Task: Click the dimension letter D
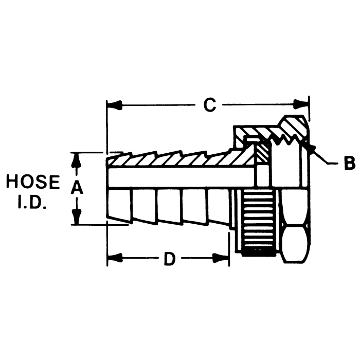pyautogui.click(x=169, y=259)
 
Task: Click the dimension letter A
pyautogui.click(x=77, y=188)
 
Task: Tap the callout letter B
pyautogui.click(x=349, y=164)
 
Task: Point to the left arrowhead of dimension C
pyautogui.click(x=114, y=105)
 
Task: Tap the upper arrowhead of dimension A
pyautogui.click(x=77, y=158)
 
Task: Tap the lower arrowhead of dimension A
pyautogui.click(x=77, y=219)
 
